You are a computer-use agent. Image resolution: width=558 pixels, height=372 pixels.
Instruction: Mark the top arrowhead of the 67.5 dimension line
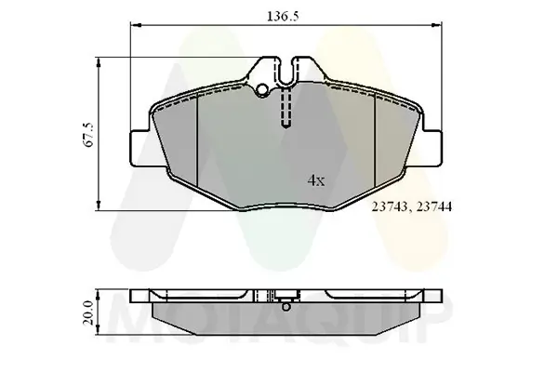point(100,61)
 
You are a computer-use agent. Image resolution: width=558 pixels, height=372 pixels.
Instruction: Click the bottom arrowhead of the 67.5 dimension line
point(100,207)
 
